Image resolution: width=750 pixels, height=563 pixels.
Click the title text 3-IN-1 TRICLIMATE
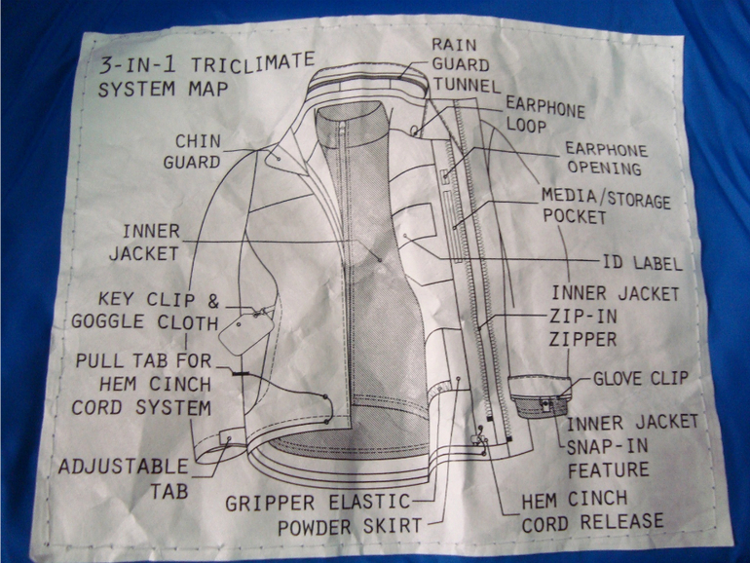point(206,65)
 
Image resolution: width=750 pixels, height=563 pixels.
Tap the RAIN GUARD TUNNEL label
point(466,65)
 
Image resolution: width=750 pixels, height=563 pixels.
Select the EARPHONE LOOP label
point(544,115)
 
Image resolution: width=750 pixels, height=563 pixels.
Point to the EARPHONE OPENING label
point(606,159)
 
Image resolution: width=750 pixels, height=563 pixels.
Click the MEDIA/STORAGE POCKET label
point(606,206)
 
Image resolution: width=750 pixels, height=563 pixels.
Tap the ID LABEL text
point(642,263)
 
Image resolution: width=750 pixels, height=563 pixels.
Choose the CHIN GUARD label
point(192,152)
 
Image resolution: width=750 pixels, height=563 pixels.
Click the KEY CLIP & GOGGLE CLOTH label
point(145,311)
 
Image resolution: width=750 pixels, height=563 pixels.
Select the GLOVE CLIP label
point(641,378)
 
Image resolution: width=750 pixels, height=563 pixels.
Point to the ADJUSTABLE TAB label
point(124,478)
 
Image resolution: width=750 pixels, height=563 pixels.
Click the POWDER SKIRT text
point(350,527)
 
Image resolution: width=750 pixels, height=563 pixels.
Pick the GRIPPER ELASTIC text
point(319,503)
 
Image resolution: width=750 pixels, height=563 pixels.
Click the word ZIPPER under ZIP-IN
point(582,339)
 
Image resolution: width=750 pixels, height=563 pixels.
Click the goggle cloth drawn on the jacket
point(245,333)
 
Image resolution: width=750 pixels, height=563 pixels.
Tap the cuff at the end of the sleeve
point(540,396)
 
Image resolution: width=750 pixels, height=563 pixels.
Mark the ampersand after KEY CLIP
point(213,300)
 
